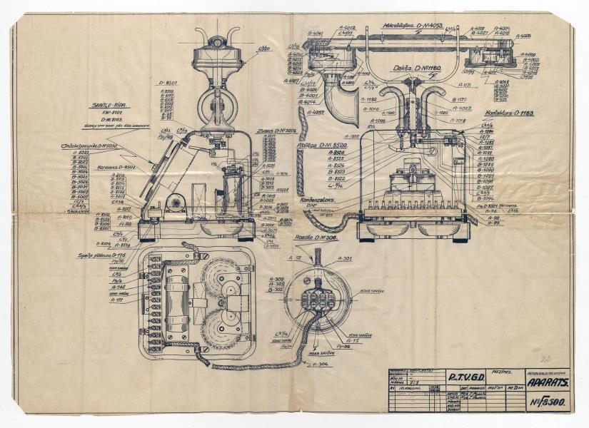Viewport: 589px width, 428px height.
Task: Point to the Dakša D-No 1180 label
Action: pyautogui.click(x=417, y=68)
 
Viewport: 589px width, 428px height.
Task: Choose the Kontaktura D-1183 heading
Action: pyautogui.click(x=510, y=113)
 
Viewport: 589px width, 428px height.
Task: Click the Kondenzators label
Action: pyautogui.click(x=318, y=200)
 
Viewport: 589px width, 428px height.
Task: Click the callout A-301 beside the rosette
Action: pyautogui.click(x=343, y=258)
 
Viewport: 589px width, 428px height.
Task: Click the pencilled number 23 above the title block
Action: pyautogui.click(x=546, y=359)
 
